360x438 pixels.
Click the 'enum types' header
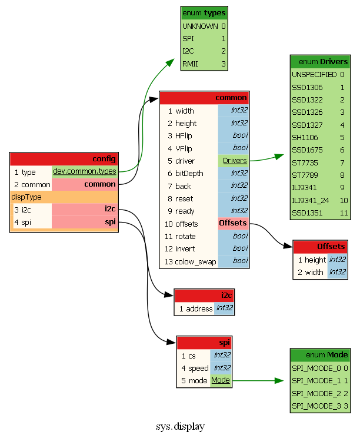click(x=204, y=13)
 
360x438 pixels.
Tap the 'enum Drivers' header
click(x=320, y=62)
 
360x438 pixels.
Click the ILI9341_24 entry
click(x=311, y=200)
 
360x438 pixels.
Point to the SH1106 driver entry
click(x=305, y=137)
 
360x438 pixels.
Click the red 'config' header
click(x=64, y=159)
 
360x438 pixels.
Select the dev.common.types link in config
click(x=84, y=172)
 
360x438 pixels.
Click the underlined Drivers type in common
click(x=234, y=161)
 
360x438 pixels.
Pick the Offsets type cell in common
click(x=233, y=224)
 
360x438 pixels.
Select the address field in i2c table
click(x=199, y=308)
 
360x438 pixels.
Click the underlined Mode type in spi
click(x=221, y=380)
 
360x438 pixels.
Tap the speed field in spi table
click(x=198, y=368)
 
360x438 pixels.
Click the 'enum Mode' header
click(x=320, y=355)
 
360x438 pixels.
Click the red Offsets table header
click(x=320, y=247)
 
